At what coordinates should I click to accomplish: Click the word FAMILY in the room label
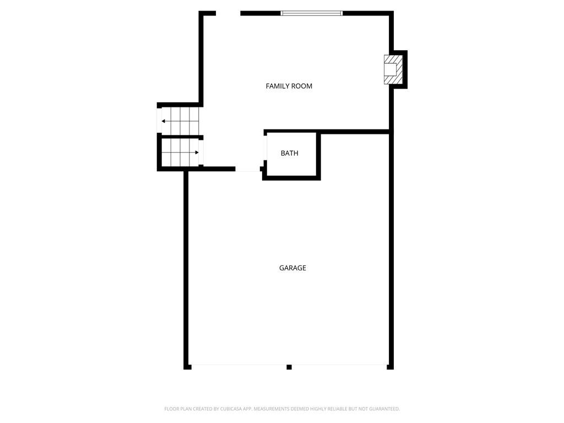[278, 86]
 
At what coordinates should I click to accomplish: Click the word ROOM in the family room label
[302, 86]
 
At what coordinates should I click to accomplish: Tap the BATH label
[290, 153]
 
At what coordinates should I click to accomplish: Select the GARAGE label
[293, 268]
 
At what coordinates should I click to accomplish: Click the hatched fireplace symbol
[393, 70]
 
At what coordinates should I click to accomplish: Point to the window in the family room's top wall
[312, 13]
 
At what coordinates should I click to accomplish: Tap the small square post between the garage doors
[289, 367]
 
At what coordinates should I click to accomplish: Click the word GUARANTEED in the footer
[384, 409]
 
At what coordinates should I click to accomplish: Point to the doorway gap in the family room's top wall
[228, 13]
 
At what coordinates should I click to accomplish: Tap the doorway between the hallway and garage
[248, 170]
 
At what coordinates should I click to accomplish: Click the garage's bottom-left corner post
[187, 367]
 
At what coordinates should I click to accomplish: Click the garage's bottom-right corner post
[391, 367]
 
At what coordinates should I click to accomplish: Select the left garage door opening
[239, 366]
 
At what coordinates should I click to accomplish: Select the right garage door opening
[339, 366]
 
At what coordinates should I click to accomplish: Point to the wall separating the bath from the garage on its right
[318, 155]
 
